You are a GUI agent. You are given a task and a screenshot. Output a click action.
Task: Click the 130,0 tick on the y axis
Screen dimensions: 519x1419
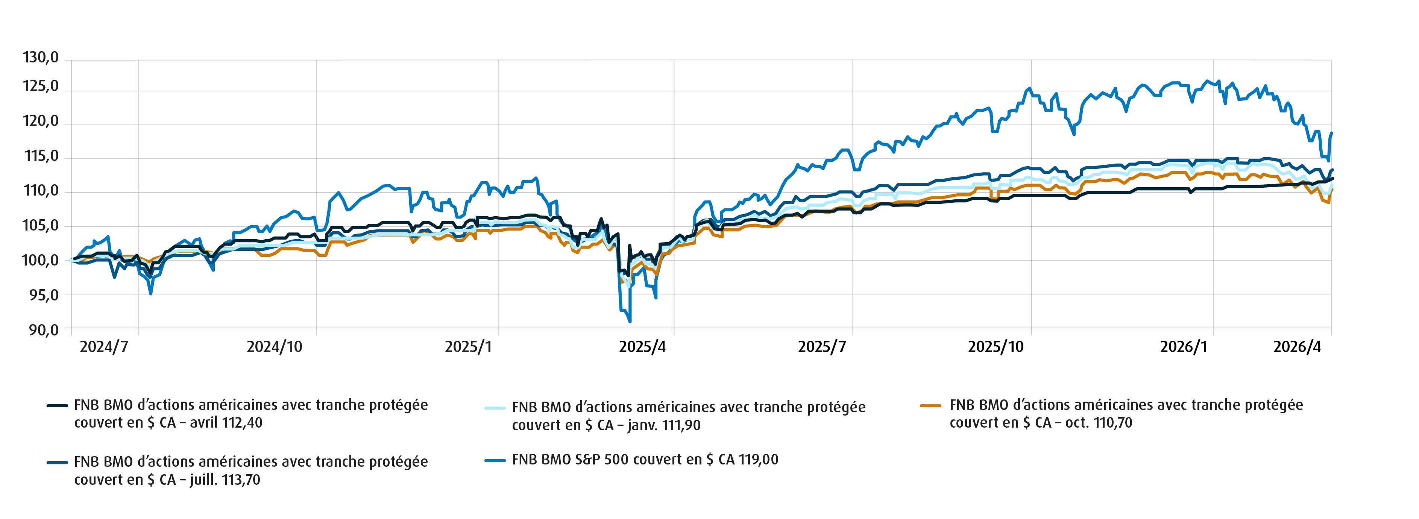tap(40, 57)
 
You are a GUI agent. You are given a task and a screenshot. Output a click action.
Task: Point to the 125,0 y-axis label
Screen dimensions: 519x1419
tap(40, 86)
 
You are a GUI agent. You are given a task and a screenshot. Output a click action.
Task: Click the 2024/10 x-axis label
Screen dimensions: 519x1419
tap(274, 347)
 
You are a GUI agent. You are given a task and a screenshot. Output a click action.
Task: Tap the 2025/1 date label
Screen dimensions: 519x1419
tap(468, 347)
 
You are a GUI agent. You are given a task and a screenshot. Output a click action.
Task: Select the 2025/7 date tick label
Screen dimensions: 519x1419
tap(821, 347)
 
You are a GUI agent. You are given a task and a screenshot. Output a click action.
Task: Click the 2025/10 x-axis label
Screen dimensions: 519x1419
tap(996, 347)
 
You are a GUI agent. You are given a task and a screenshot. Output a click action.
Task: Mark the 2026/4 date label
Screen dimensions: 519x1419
tap(1297, 347)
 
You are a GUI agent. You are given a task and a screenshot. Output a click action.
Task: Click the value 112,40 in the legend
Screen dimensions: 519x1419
tap(241, 423)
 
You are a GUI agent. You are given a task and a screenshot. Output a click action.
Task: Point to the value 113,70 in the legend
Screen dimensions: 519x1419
tap(241, 480)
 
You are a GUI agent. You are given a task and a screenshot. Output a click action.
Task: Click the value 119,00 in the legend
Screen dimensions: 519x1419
tap(758, 460)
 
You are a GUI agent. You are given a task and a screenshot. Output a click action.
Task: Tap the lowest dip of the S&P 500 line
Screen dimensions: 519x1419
tap(630, 321)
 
